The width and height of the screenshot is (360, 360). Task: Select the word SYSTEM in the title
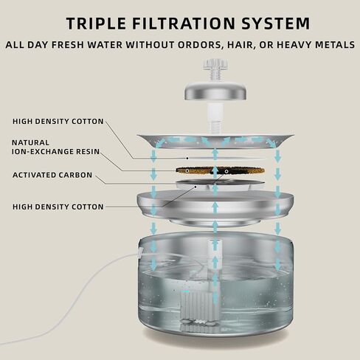[275, 24]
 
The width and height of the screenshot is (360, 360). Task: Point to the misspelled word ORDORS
[204, 45]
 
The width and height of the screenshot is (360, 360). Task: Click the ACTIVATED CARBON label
[52, 175]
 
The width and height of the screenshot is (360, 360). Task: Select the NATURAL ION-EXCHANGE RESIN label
[56, 147]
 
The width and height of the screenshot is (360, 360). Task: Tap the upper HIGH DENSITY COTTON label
[58, 121]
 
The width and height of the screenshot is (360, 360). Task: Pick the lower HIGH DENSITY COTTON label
[58, 207]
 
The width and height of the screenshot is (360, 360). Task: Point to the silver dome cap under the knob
[215, 92]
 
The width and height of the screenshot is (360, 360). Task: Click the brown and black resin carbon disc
[221, 170]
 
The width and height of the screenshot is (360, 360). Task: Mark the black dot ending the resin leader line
[187, 170]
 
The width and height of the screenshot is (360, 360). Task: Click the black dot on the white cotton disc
[187, 158]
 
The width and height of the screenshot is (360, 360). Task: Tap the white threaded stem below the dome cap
[215, 117]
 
